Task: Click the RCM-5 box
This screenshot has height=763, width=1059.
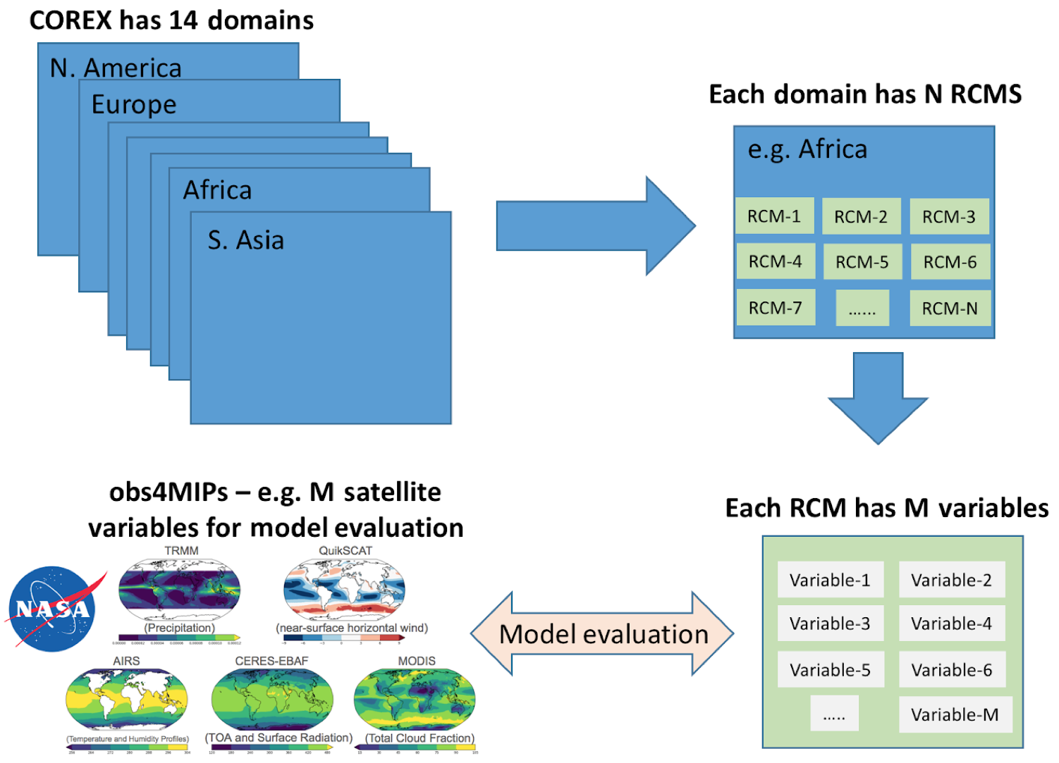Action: click(x=862, y=262)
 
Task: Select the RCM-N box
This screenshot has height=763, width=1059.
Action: click(x=950, y=308)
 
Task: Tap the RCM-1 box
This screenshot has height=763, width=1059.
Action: click(x=774, y=216)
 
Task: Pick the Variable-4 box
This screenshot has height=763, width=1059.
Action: click(x=951, y=624)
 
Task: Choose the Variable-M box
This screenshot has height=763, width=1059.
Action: click(x=955, y=714)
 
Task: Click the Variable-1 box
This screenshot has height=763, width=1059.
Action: click(x=830, y=581)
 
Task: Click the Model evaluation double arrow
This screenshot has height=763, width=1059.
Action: click(x=603, y=634)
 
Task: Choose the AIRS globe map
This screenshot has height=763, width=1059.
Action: click(x=127, y=698)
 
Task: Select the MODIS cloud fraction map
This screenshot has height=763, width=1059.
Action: click(x=415, y=698)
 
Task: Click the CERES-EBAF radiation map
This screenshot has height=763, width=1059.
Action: click(x=272, y=697)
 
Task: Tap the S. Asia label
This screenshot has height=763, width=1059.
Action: click(x=245, y=240)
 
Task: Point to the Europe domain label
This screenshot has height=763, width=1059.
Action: click(x=134, y=104)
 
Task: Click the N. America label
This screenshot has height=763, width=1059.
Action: click(x=116, y=68)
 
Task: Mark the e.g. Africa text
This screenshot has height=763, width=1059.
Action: click(x=807, y=149)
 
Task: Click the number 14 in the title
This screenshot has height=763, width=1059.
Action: click(x=183, y=20)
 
